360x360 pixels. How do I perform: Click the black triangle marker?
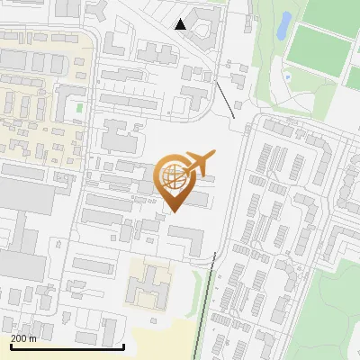[181, 24]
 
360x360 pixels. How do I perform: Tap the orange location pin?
[174, 185]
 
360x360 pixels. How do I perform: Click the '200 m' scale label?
[23, 338]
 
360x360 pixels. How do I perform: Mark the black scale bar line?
[67, 346]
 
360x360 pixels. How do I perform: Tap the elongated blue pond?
[283, 25]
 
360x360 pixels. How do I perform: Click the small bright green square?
[79, 108]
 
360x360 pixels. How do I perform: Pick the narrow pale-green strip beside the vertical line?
[219, 306]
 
